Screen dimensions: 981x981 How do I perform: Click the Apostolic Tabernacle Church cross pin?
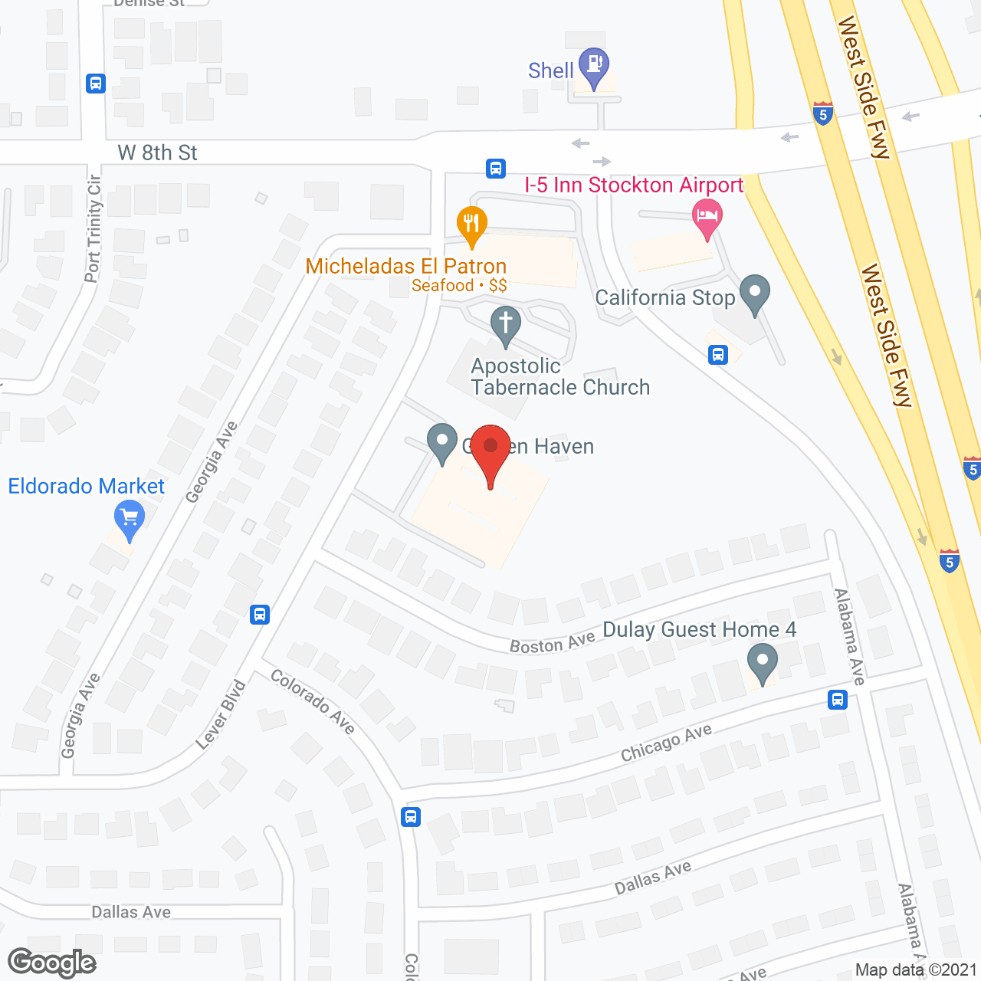[x=506, y=325]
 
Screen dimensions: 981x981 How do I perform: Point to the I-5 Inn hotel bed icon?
[x=707, y=218]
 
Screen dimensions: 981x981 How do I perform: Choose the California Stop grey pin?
[x=755, y=294]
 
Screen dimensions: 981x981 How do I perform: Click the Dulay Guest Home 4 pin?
[x=762, y=662]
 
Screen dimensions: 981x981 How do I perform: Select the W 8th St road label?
[x=157, y=153]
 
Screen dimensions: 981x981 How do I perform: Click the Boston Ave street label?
[x=553, y=643]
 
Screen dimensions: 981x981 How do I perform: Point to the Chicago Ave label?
[x=666, y=743]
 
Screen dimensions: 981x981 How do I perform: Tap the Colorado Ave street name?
[x=313, y=701]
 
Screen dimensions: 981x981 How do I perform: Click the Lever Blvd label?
[x=221, y=714]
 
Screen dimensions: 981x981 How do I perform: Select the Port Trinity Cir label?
[x=94, y=228]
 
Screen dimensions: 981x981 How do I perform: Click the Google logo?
[x=52, y=963]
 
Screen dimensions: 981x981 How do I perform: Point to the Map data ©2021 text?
[x=916, y=970]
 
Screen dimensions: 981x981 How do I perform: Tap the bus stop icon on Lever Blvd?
[x=260, y=614]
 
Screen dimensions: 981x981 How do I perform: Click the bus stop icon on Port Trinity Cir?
[x=96, y=83]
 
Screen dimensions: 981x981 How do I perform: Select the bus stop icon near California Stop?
[x=718, y=354]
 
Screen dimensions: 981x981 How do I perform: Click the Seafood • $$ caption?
[x=459, y=286]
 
